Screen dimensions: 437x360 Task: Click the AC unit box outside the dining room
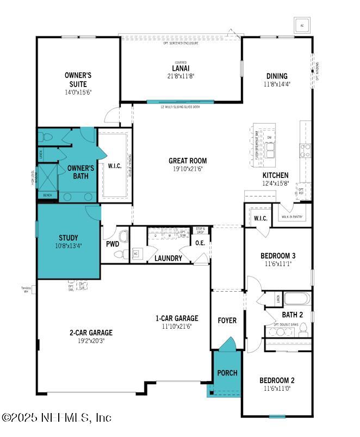coord(301,24)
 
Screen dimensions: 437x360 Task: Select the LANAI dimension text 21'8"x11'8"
coord(181,76)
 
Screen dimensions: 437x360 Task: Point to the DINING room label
coord(276,76)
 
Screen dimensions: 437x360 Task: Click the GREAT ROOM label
coord(187,161)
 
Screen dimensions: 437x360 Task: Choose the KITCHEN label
coord(276,175)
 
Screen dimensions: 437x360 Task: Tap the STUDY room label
coord(69,238)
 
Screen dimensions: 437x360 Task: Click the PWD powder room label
coord(113,244)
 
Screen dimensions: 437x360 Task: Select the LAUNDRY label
coord(168,258)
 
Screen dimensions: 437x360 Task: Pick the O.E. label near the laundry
coord(200,243)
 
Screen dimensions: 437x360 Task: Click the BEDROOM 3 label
coord(278,256)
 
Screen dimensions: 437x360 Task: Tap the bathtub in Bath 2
coord(296,299)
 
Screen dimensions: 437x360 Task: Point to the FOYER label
coord(227,320)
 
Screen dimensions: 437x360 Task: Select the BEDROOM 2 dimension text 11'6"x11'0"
coord(278,389)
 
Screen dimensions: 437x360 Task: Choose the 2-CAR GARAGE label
coord(90,333)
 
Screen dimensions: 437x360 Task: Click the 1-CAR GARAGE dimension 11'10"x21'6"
coord(177,327)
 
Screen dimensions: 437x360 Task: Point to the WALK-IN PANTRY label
coord(292,217)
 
